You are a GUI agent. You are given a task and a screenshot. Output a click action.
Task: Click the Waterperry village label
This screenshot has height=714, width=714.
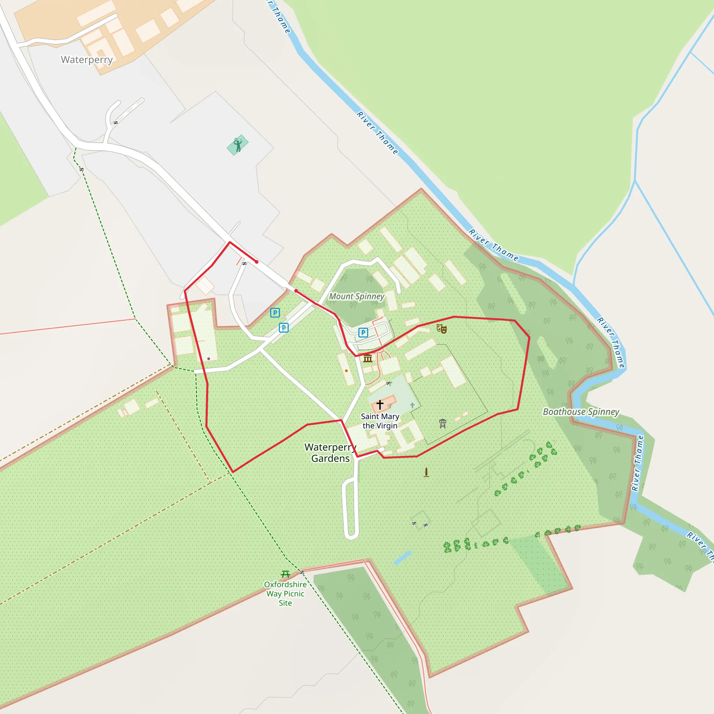(86, 60)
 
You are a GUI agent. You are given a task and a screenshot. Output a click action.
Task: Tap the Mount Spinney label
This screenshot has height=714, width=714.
(357, 296)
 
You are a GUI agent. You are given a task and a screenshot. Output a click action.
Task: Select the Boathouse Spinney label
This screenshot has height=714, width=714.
(580, 412)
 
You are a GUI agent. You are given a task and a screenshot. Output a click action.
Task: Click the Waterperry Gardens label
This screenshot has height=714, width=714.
(331, 453)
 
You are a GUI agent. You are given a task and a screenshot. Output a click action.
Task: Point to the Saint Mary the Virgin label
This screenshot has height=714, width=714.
(380, 421)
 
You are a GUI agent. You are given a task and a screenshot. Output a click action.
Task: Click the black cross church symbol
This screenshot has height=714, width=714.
(380, 404)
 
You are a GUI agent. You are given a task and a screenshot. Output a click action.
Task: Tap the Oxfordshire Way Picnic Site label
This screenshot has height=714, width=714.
(285, 593)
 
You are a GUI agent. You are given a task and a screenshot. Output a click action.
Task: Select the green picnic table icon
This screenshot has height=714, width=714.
(285, 574)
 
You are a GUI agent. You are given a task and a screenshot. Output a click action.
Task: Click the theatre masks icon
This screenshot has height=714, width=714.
(442, 328)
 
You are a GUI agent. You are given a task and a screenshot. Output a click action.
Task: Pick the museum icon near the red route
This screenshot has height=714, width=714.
(368, 358)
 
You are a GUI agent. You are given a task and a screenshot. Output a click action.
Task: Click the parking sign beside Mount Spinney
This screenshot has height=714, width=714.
(363, 333)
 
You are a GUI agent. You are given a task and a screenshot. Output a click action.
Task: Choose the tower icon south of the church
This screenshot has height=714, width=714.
(443, 424)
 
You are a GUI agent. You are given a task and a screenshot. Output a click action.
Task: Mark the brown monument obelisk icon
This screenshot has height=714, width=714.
(426, 472)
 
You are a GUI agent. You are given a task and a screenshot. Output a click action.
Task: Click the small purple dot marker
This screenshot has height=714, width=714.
(209, 358)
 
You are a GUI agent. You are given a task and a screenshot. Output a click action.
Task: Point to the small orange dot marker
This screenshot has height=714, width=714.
(346, 371)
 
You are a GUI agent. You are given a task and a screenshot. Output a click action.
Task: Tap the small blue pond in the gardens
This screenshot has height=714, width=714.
(403, 558)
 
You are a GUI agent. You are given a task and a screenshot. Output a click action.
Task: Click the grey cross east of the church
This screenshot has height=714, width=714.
(412, 405)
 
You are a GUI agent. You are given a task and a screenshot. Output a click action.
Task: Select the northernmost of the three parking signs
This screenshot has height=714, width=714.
(275, 313)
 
